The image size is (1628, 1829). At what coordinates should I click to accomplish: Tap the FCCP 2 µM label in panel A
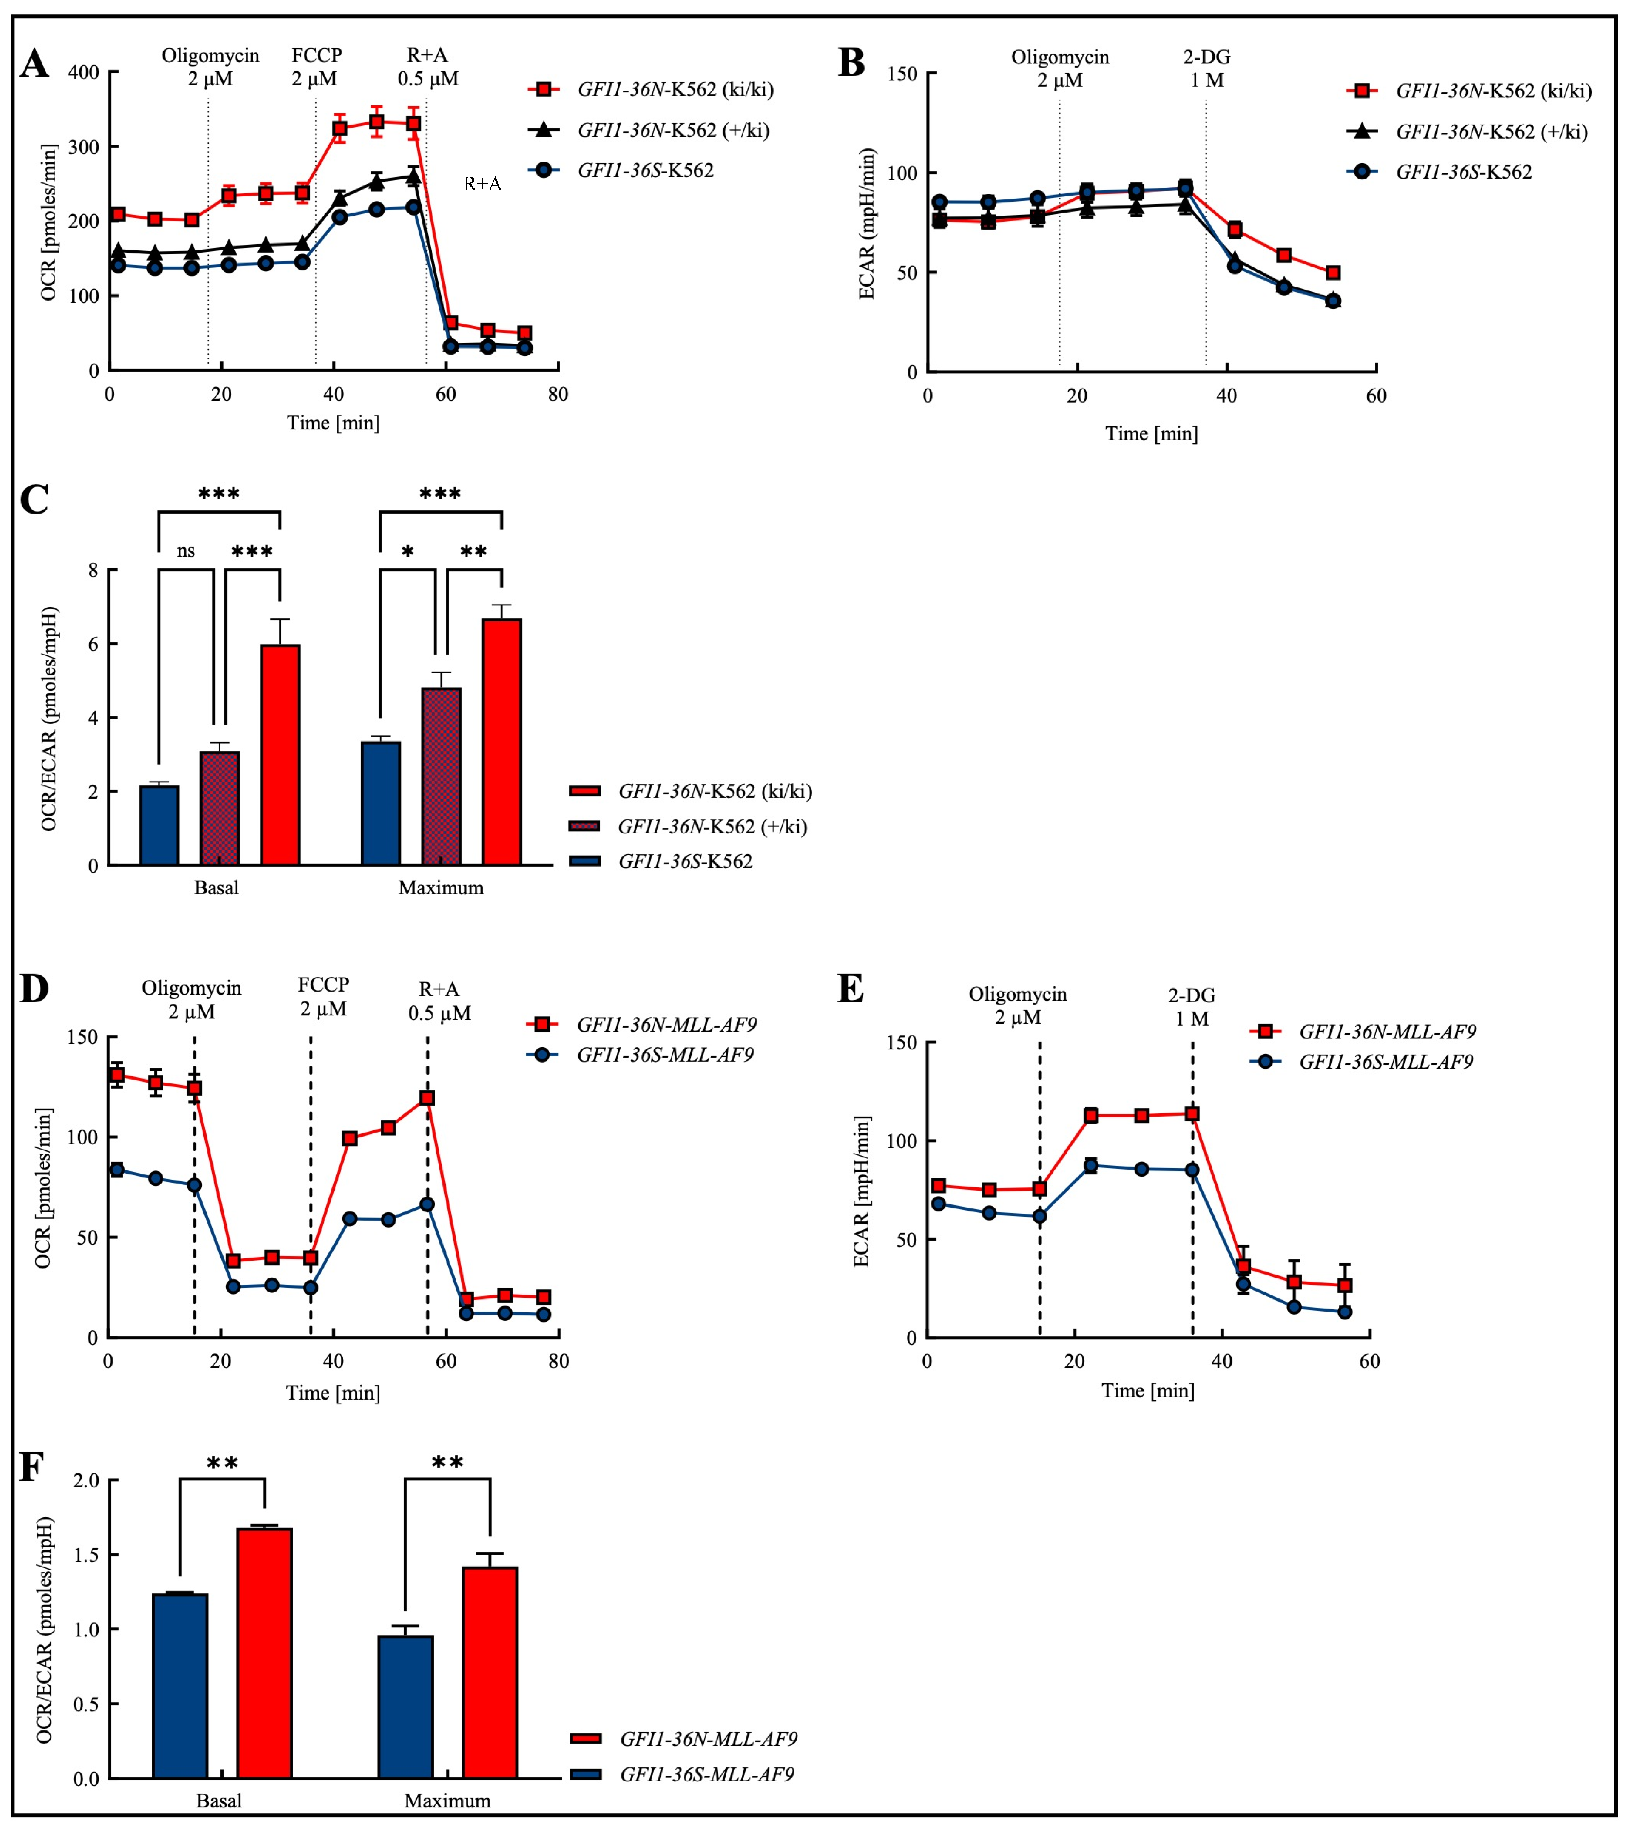point(316,67)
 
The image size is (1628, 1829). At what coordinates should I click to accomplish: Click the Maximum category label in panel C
point(441,888)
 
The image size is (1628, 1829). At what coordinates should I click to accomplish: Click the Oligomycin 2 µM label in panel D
point(191,1001)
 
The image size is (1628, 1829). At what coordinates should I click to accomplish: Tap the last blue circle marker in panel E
point(1344,1312)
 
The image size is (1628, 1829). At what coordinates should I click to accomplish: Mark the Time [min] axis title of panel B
point(1151,433)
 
